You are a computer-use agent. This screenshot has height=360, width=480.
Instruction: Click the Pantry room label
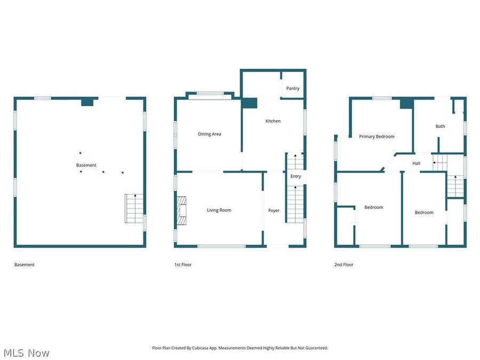293,89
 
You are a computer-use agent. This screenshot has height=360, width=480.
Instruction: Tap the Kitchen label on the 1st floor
273,121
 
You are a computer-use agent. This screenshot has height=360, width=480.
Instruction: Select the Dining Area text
210,134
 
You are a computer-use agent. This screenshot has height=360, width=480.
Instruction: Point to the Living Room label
219,210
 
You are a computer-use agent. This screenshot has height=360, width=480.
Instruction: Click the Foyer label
274,211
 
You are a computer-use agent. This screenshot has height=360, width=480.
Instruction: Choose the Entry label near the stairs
295,177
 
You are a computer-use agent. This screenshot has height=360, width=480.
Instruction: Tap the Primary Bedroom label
377,137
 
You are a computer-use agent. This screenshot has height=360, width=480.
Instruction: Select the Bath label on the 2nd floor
440,126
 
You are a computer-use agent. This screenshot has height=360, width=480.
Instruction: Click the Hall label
416,163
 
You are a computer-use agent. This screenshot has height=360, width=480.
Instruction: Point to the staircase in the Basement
135,209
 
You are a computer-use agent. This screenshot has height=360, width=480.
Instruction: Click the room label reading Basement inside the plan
86,165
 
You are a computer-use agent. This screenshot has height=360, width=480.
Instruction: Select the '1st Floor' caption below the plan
183,265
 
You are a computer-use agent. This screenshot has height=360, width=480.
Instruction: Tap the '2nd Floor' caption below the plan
344,265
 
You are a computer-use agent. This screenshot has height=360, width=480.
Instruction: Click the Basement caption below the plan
25,265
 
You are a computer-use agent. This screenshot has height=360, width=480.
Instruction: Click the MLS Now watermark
26,353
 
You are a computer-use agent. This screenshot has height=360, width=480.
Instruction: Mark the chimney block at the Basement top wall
87,101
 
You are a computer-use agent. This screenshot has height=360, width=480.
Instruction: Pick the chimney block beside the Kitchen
249,103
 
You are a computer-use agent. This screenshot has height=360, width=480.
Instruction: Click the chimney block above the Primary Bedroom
406,103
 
